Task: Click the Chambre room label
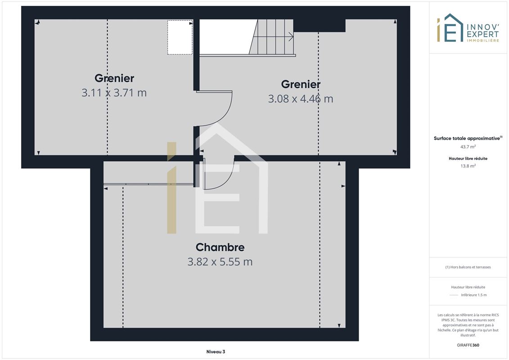click(220, 247)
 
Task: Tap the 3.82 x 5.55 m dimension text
click(220, 261)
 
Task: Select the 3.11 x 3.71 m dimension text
click(114, 93)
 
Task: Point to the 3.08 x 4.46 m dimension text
click(301, 99)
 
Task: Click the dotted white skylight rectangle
click(180, 37)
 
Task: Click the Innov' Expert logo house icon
click(450, 28)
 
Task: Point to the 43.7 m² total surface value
click(468, 147)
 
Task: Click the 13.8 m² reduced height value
click(468, 166)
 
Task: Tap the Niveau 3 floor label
click(216, 351)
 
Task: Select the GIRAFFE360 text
click(468, 345)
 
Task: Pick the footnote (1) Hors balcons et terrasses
click(468, 267)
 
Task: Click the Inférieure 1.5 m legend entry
click(473, 295)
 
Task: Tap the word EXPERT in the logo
click(483, 34)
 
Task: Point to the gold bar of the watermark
click(172, 188)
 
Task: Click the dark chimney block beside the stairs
click(320, 26)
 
